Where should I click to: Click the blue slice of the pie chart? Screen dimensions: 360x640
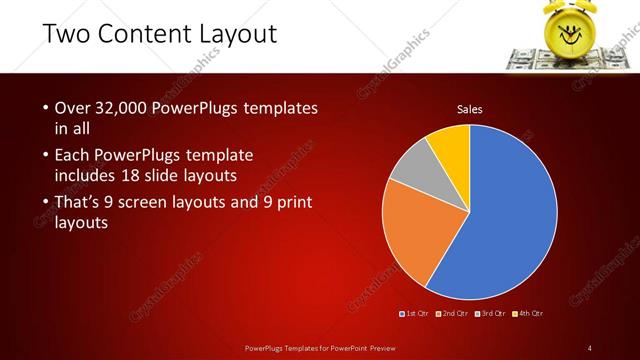coord(505,215)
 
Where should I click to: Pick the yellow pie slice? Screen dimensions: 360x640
coord(451,145)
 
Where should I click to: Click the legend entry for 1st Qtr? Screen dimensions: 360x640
coord(414,314)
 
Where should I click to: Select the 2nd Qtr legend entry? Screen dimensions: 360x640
coord(456,314)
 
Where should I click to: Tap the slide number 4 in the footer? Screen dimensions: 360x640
coord(590,347)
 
